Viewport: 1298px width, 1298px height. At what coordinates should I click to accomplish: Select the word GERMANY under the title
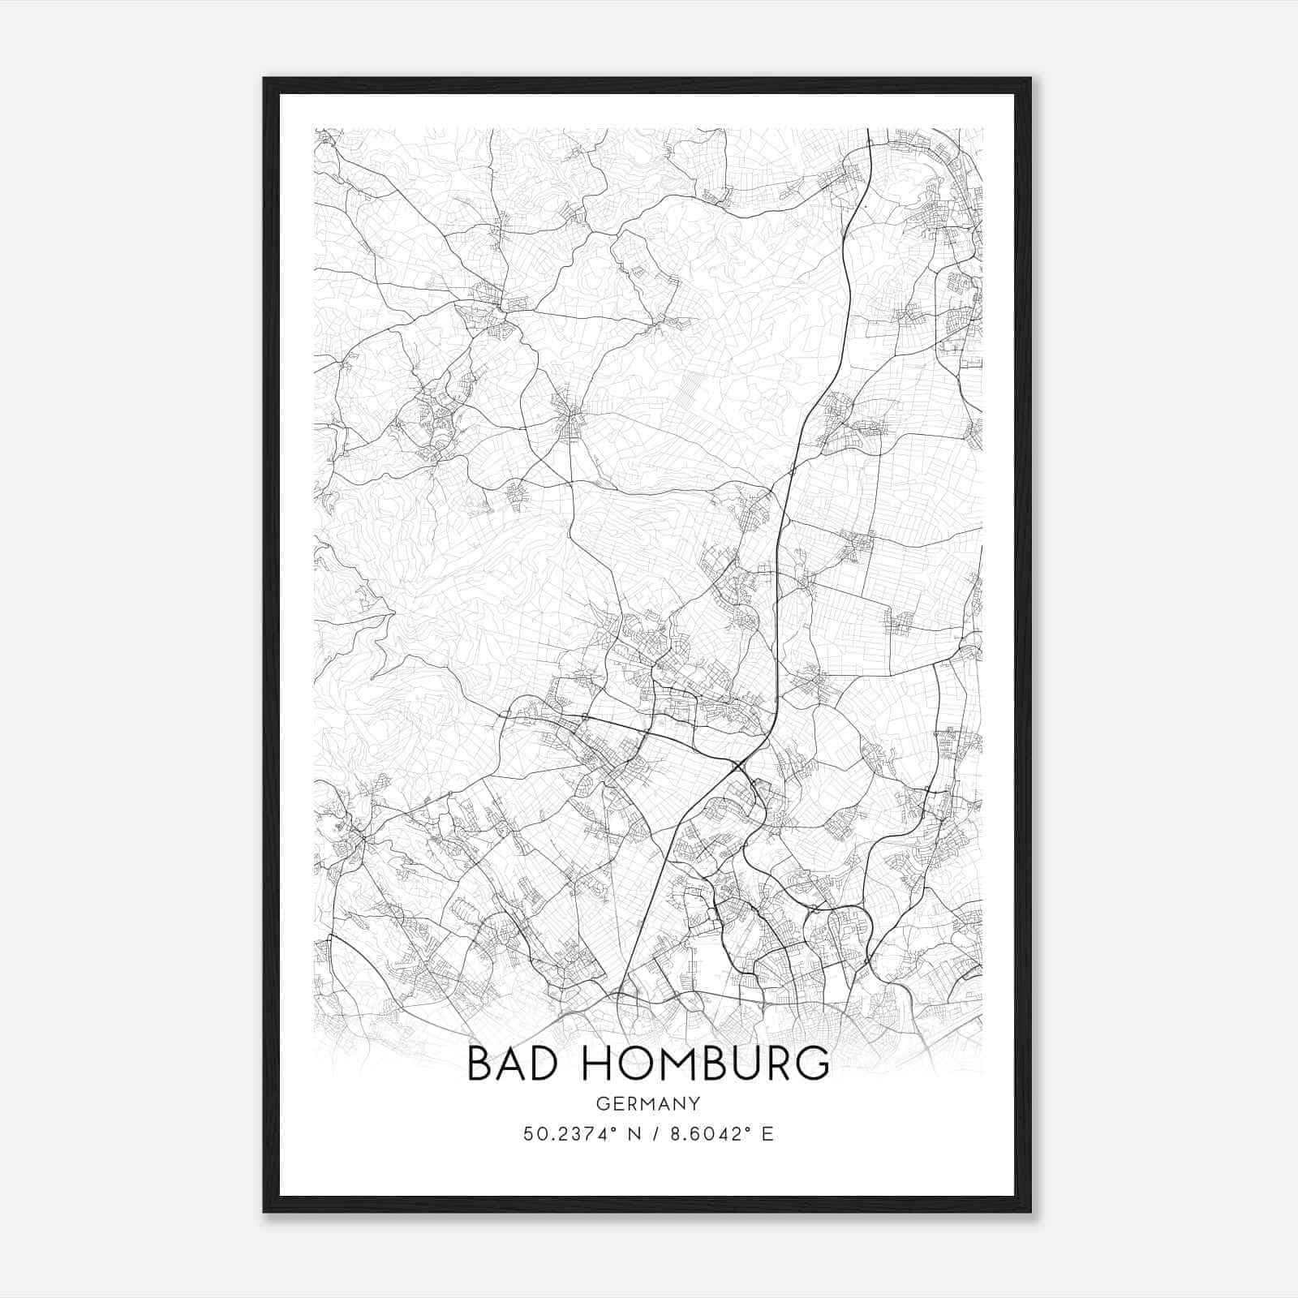pyautogui.click(x=648, y=1104)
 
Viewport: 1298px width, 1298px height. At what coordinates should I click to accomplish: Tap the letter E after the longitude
pyautogui.click(x=767, y=1133)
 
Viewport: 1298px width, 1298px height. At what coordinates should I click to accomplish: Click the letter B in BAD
pyautogui.click(x=480, y=1064)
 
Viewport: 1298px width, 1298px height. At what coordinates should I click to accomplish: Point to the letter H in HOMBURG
pyautogui.click(x=596, y=1064)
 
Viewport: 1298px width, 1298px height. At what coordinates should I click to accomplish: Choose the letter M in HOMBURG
pyautogui.click(x=672, y=1064)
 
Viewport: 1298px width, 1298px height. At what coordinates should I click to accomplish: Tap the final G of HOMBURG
pyautogui.click(x=814, y=1064)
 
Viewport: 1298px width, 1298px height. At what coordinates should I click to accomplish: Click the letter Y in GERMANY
pyautogui.click(x=694, y=1104)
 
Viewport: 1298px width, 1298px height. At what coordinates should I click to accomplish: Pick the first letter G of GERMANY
pyautogui.click(x=601, y=1104)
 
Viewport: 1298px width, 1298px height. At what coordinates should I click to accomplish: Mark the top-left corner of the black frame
pyautogui.click(x=264, y=79)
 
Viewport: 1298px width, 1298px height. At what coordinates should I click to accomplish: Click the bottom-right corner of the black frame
pyautogui.click(x=1030, y=1212)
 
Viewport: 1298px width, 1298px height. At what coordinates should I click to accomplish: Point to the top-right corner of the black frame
pyautogui.click(x=1030, y=79)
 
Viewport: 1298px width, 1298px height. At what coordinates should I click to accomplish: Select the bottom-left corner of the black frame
pyautogui.click(x=264, y=1212)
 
